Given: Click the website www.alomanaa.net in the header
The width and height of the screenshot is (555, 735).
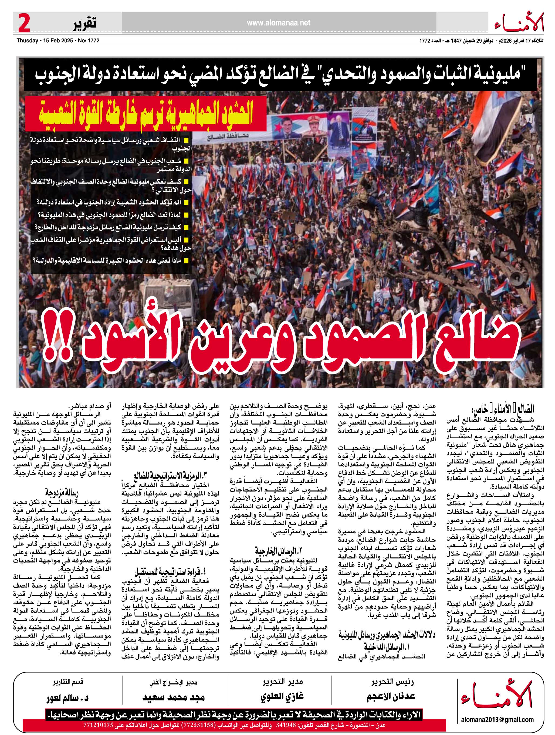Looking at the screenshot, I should (x=279, y=23).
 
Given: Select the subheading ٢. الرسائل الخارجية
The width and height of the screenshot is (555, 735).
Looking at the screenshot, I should (x=279, y=551).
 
